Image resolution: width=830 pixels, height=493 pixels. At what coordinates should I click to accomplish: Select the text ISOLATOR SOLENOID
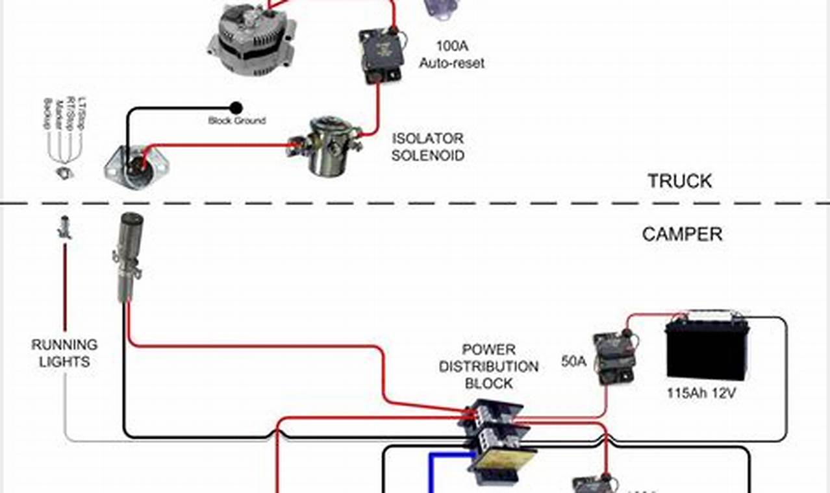[427, 147]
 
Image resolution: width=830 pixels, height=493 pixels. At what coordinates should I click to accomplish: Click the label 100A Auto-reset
[451, 55]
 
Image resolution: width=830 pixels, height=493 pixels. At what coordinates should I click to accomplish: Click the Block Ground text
[236, 121]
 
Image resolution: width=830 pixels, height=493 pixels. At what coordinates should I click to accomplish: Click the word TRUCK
[679, 181]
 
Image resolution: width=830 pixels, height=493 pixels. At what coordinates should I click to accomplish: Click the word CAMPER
[682, 234]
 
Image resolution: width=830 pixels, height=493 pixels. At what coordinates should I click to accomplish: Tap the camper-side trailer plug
[127, 256]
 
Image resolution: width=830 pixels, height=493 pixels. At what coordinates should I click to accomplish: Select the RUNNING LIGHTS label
[64, 353]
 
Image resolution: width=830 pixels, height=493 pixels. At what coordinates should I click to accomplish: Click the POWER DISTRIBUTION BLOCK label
[488, 367]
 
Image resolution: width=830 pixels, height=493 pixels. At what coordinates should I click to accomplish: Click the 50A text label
[573, 361]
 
